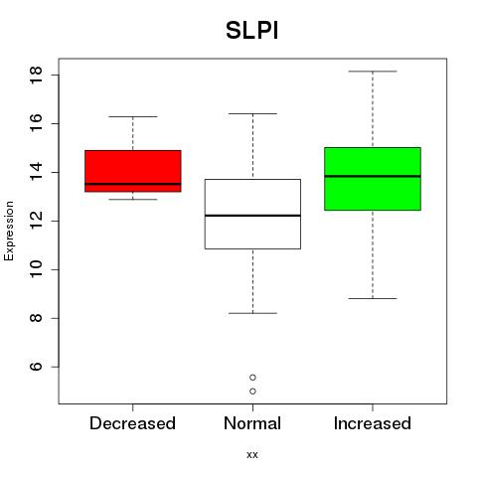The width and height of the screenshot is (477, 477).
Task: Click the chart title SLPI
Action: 251,31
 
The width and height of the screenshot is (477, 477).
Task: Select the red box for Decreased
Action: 133,171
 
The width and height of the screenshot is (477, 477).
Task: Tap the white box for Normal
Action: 252,214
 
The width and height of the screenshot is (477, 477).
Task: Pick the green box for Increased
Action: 373,179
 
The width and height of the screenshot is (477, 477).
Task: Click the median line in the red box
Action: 133,184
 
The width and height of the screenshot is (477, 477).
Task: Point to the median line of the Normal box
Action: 252,216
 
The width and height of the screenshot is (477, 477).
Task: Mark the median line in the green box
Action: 373,176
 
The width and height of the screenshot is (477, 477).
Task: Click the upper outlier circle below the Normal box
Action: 252,378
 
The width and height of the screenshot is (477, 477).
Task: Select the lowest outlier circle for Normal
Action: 252,392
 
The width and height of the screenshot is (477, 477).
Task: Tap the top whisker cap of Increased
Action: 373,72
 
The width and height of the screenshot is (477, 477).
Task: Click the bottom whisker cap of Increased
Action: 373,298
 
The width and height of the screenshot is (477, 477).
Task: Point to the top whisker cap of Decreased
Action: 133,116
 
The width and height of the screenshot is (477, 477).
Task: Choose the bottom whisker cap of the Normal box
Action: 252,313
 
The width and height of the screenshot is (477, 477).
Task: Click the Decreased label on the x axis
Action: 132,423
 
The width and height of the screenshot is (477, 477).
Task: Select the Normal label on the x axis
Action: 252,423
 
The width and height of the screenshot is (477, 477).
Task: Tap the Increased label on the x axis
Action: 373,423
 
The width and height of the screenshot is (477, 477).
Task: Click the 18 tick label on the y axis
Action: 36,76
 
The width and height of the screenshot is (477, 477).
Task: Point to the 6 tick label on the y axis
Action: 36,367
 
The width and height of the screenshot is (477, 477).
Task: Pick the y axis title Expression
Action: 9,231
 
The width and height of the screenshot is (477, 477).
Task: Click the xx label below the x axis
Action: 252,455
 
